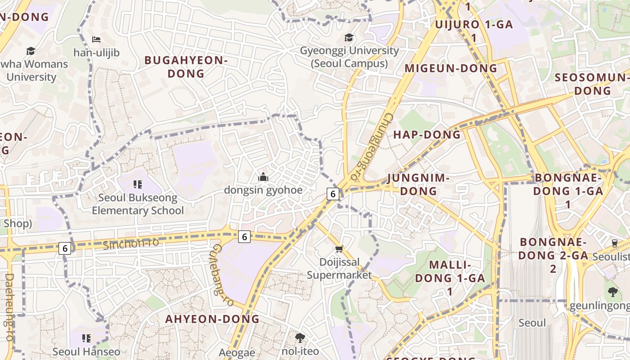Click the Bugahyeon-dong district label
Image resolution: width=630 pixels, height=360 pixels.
[x=186, y=67]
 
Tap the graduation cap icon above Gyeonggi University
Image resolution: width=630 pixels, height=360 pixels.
[x=349, y=37]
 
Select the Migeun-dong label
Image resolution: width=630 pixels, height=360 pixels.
[x=451, y=68]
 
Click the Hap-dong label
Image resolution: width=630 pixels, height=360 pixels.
[x=427, y=135]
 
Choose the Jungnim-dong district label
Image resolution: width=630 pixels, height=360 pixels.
[x=418, y=184]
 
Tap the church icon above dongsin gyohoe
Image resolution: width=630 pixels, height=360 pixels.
[x=263, y=177]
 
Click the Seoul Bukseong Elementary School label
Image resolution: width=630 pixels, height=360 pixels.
[x=138, y=204]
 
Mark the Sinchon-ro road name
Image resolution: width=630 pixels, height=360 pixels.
[x=131, y=243]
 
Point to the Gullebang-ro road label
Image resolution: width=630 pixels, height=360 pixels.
[x=222, y=275]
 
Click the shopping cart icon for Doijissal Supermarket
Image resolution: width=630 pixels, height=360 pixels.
[x=339, y=249]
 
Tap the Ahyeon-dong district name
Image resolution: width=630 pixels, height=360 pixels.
[x=212, y=319]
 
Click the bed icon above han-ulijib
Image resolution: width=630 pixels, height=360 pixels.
[x=96, y=40]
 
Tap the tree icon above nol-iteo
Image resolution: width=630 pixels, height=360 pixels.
[x=300, y=337]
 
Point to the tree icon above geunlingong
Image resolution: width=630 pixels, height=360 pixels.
[x=612, y=292]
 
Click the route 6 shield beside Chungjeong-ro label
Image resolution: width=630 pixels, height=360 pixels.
[x=333, y=194]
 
